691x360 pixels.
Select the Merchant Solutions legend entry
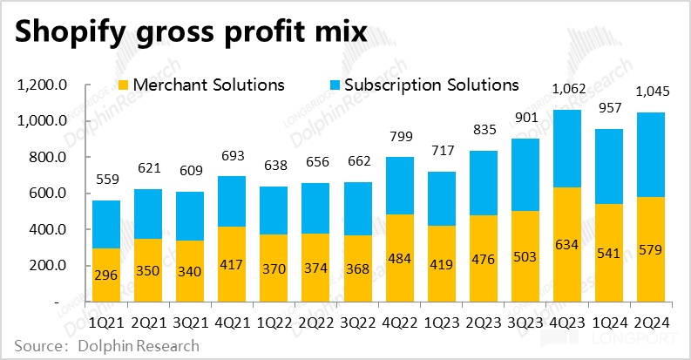coord(200,85)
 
